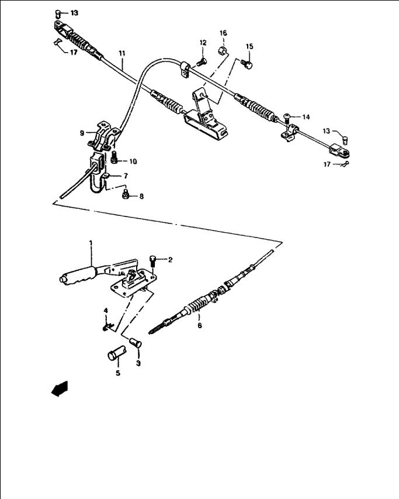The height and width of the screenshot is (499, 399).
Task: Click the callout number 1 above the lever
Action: [x=91, y=243]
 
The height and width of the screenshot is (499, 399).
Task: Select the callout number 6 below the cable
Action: [x=200, y=326]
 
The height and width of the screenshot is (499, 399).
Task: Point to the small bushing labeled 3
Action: [x=136, y=343]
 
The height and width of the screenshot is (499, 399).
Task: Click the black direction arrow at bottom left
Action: [x=60, y=388]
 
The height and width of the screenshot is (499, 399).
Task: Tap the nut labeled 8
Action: [x=126, y=194]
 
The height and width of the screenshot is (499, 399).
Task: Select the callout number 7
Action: [x=126, y=176]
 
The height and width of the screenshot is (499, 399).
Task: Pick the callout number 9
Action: [x=82, y=133]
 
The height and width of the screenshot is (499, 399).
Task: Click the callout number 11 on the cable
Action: [x=122, y=53]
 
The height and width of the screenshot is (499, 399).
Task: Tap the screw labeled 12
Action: [x=202, y=62]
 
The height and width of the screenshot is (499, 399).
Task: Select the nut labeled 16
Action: [x=223, y=50]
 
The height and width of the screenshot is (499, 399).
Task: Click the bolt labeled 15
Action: [x=247, y=64]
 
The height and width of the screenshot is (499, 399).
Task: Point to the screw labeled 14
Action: [x=287, y=119]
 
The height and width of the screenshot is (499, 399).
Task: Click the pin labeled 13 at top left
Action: [x=58, y=13]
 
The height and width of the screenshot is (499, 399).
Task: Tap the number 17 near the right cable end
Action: [x=327, y=164]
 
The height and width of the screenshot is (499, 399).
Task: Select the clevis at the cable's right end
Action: [x=340, y=151]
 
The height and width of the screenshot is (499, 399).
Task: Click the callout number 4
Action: [x=106, y=310]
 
